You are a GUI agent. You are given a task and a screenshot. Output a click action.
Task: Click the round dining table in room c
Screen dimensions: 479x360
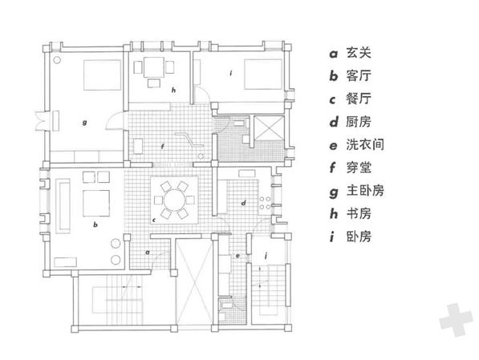(174, 200)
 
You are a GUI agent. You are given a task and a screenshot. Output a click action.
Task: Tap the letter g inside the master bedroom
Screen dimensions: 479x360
(84, 123)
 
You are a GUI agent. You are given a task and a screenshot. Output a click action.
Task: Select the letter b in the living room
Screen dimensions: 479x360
(95, 224)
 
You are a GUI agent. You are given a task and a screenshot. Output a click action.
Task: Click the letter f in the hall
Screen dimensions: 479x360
(163, 147)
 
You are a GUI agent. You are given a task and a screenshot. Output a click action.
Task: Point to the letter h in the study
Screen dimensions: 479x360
(173, 90)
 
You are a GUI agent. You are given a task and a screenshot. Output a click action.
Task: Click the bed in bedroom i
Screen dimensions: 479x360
(263, 75)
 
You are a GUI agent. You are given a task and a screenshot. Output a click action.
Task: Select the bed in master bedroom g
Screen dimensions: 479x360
(103, 75)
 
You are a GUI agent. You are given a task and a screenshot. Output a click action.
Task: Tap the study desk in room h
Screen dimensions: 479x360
(154, 67)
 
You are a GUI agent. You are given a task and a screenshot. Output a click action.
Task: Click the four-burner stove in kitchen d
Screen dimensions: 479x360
(265, 203)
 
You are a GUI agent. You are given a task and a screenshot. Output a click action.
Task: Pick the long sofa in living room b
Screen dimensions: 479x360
(63, 206)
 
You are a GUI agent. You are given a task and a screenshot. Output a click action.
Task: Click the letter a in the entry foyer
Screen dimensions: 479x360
(148, 253)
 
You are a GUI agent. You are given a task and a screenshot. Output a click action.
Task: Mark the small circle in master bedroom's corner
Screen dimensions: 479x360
(57, 60)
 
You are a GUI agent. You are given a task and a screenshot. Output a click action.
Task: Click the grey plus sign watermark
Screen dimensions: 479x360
(456, 320)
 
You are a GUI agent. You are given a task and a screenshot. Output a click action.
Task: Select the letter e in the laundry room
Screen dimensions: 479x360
(237, 256)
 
